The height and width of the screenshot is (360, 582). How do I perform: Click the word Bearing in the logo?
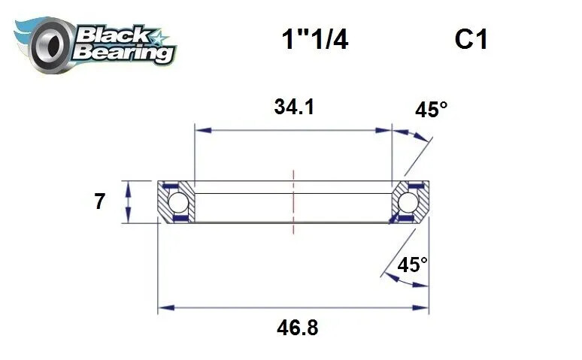pos(125,53)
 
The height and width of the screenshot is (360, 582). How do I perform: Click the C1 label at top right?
pos(471,39)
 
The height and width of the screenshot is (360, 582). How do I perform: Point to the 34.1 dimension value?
pos(293,107)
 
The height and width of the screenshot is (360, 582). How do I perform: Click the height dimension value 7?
pos(99,201)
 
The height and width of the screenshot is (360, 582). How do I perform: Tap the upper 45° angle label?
pos(431,110)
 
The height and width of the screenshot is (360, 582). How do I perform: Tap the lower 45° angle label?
pos(412,265)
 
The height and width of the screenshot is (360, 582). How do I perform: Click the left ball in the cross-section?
pos(177,202)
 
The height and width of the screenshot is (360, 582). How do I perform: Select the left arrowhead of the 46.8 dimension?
pos(163,307)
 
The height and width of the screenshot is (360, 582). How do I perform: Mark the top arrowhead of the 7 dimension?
pos(130,186)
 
